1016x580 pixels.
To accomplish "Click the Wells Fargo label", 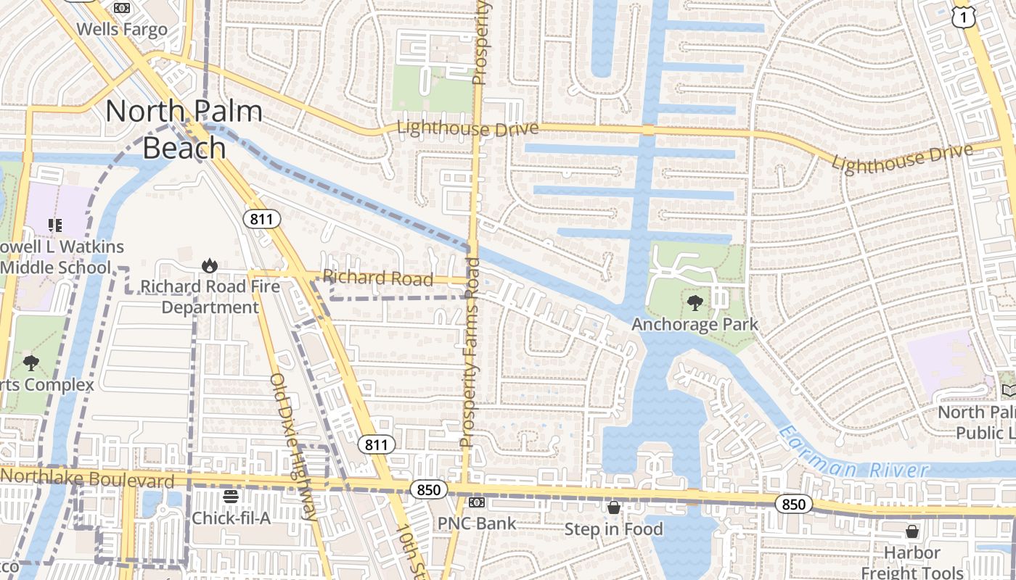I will point(122,30).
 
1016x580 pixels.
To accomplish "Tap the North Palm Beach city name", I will point(184,129).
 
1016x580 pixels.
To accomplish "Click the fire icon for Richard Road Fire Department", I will point(210,265).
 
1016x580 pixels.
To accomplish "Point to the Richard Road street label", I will point(378,278).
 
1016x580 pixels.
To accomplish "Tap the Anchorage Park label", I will point(695,324).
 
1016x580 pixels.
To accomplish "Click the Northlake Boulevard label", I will point(88,478).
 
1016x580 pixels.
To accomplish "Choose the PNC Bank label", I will point(477,523).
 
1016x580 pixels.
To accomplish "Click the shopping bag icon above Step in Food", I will point(614,507).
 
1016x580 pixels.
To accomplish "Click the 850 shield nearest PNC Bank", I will point(428,490).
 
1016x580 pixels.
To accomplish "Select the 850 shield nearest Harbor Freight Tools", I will point(793,504).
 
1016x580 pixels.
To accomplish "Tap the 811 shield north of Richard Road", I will point(261,219).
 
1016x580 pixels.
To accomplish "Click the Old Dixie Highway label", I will point(293,447).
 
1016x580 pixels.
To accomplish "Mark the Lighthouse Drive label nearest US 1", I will point(901,158).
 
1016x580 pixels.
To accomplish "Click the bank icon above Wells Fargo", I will point(122,8).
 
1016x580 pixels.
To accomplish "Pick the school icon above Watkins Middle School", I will point(55,225).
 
